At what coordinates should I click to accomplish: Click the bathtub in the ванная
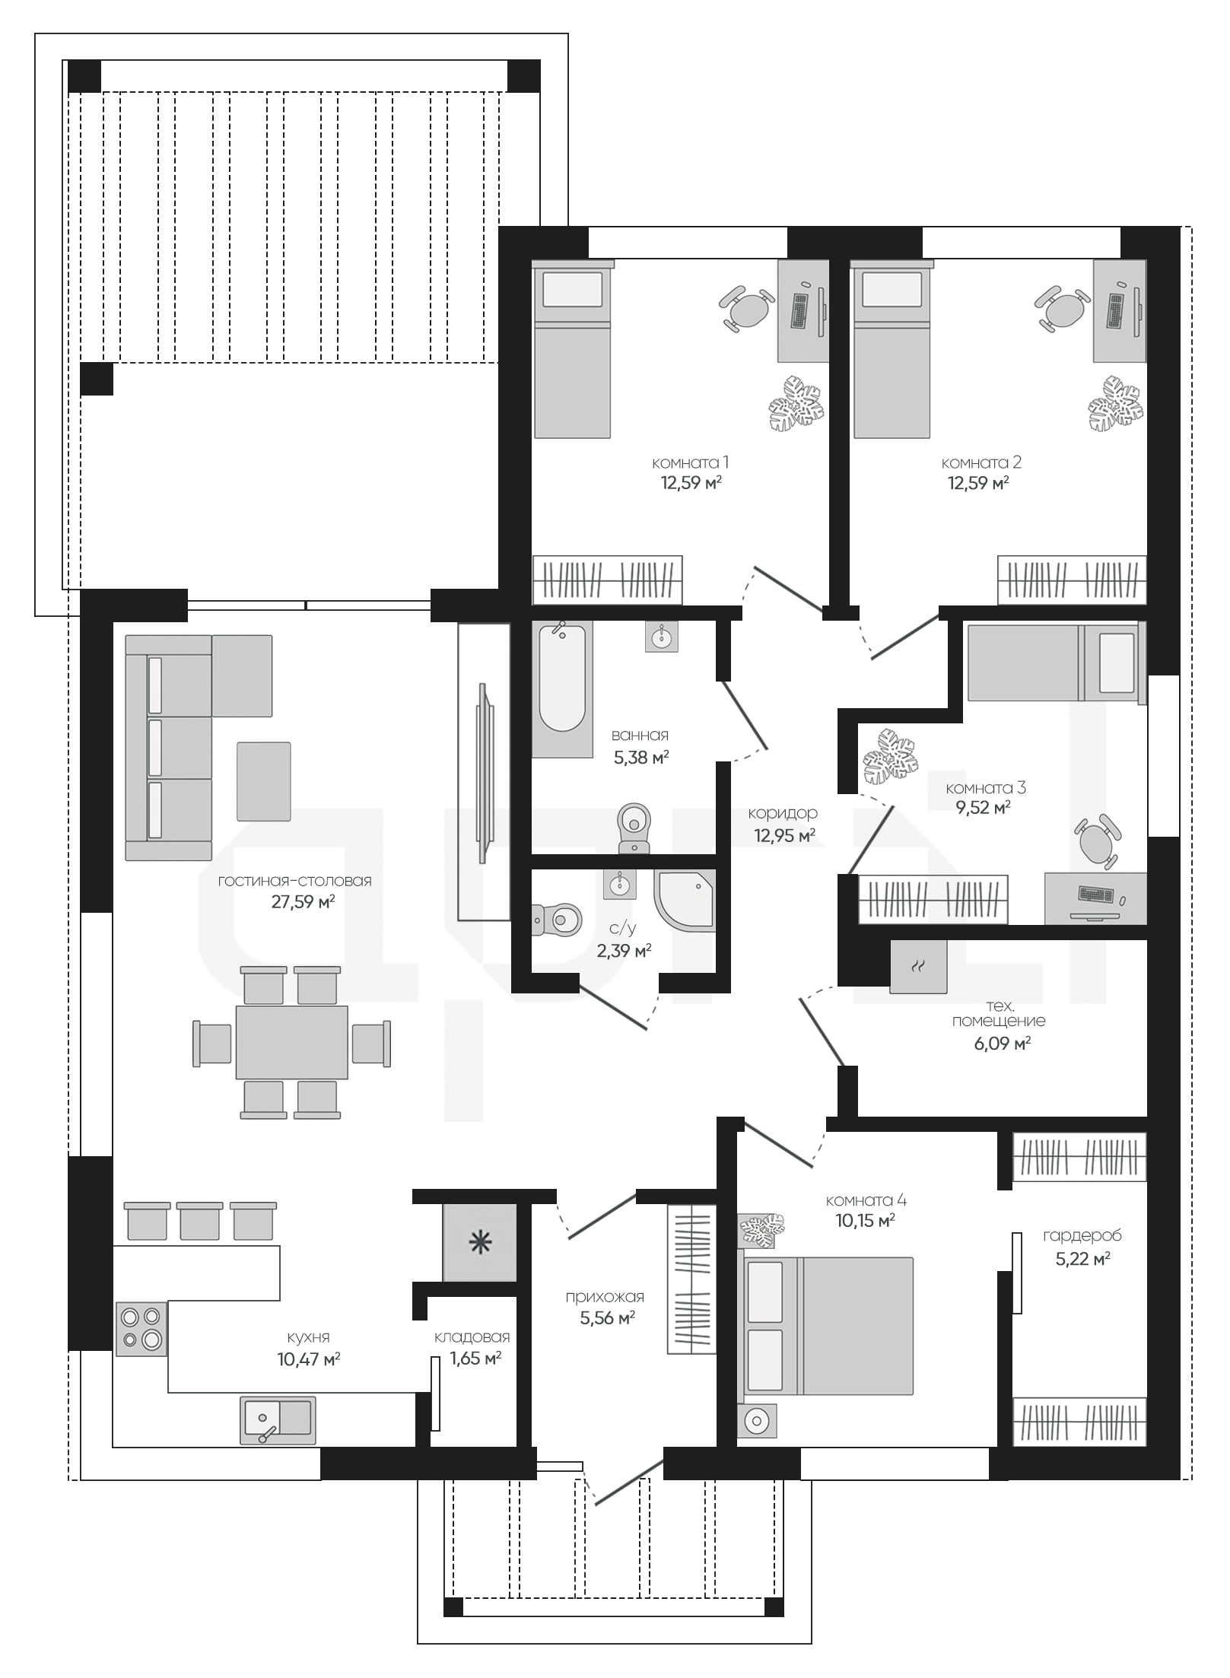[x=562, y=689]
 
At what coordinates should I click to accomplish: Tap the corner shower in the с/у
[x=685, y=901]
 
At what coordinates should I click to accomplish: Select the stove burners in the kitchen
[x=141, y=1328]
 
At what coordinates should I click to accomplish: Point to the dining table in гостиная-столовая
[x=292, y=1042]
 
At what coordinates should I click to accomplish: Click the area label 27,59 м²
[x=304, y=901]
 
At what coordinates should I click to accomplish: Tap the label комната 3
[x=985, y=788]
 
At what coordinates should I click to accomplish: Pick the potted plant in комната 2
[x=1115, y=403]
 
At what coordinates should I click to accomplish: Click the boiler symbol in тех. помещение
[x=919, y=966]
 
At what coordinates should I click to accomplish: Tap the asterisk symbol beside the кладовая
[x=480, y=1243]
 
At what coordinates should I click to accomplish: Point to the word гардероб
[x=1082, y=1236]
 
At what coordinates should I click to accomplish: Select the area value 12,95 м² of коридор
[x=785, y=835]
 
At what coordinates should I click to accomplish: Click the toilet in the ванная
[x=634, y=828]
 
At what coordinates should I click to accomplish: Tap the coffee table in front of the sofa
[x=264, y=781]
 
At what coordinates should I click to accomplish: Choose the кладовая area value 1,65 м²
[x=472, y=1358]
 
